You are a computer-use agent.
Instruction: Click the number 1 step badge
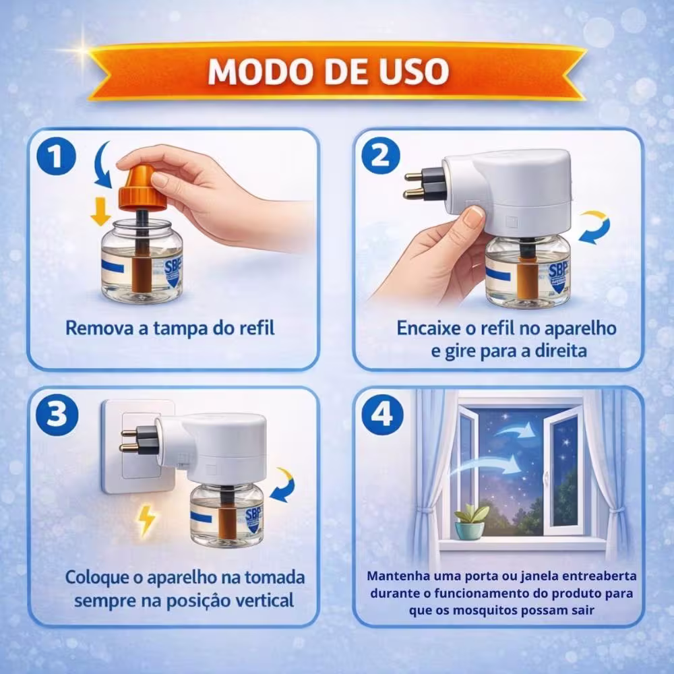(x=57, y=156)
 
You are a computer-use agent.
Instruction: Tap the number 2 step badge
(x=380, y=155)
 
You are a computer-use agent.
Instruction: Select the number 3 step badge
(x=57, y=415)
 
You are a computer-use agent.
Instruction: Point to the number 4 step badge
(x=382, y=415)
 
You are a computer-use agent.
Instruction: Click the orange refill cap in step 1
(x=142, y=188)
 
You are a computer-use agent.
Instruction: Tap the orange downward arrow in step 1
(x=101, y=211)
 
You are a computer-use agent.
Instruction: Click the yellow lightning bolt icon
(x=146, y=521)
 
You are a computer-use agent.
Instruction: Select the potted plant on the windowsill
(x=471, y=522)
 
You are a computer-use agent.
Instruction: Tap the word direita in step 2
(x=561, y=351)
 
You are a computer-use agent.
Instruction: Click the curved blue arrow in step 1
(x=102, y=164)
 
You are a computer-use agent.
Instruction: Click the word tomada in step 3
(x=275, y=578)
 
